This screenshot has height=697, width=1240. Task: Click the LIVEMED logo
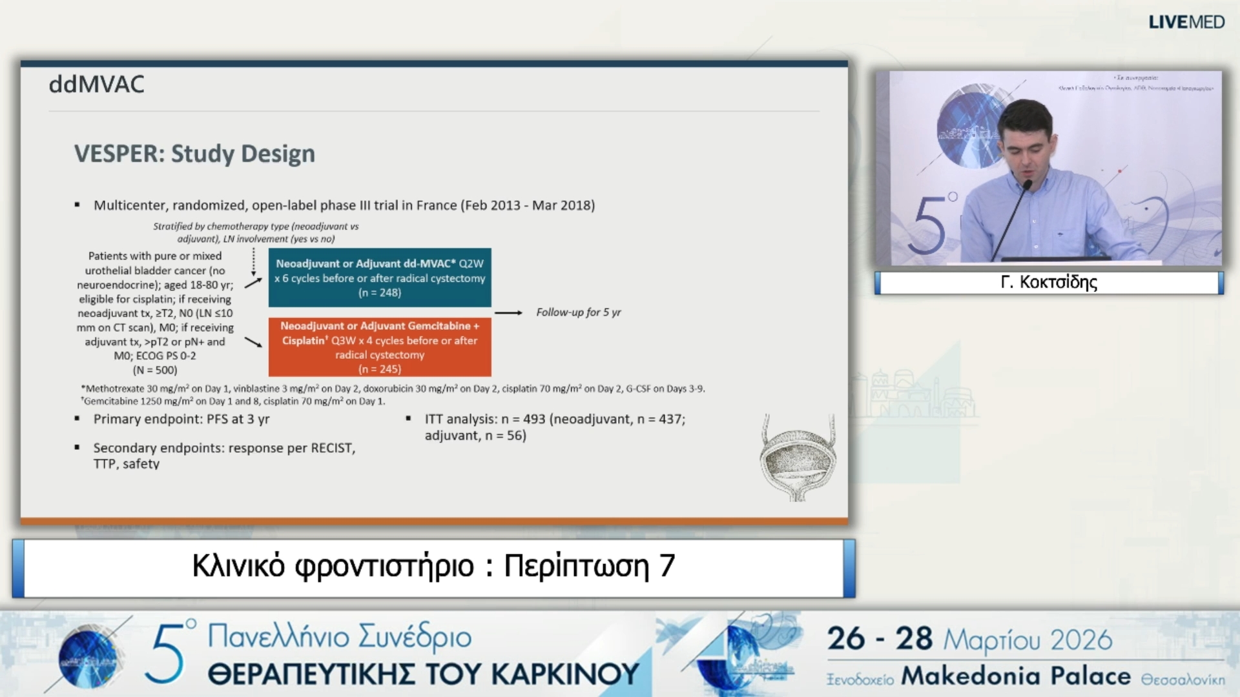coord(1186,22)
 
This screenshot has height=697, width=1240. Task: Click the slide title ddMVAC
coord(97,85)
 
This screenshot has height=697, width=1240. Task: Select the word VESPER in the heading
coord(119,154)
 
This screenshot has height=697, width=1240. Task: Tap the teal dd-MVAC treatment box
coord(380,278)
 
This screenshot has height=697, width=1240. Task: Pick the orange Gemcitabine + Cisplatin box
coord(380,347)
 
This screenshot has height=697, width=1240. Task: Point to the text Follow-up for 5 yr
coord(578,312)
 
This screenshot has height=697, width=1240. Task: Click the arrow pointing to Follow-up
coord(508,313)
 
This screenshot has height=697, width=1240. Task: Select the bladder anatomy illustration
coord(798,458)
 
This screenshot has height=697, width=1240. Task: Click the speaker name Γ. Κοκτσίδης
coord(1049,282)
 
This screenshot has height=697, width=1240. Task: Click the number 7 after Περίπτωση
coord(666,566)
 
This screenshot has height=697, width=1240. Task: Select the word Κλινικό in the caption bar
coord(238,566)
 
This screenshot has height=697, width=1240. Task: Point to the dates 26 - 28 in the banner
coord(880,639)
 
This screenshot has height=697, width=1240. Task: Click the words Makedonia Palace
coord(1015,676)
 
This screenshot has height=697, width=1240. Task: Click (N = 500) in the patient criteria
coord(155,370)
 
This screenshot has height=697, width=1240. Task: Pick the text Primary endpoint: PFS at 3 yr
coord(181,419)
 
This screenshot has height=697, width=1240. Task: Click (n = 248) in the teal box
coord(380,293)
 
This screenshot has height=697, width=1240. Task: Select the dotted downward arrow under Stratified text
coord(253,261)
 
